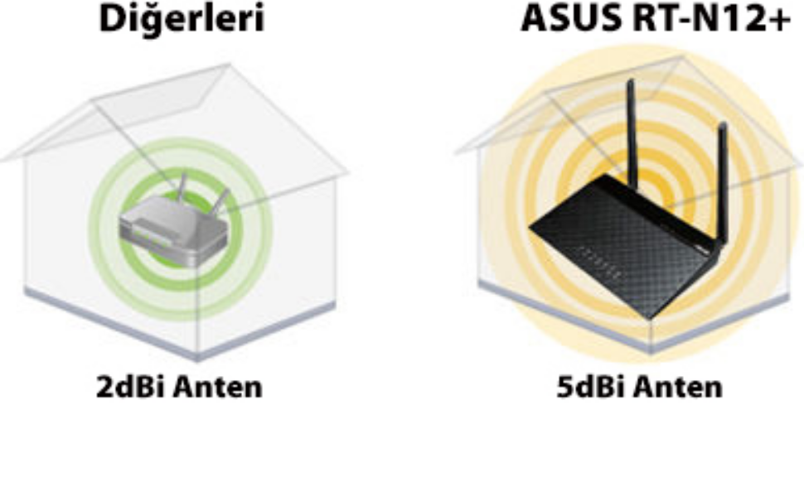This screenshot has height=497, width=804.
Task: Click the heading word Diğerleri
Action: [x=182, y=18]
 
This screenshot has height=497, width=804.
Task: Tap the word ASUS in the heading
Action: [x=569, y=18]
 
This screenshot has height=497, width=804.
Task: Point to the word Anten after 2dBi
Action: [x=217, y=387]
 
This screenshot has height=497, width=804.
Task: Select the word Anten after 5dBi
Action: [x=677, y=387]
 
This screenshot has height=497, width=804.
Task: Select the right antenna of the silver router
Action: [x=221, y=200]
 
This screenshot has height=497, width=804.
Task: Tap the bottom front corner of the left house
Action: [x=198, y=358]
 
